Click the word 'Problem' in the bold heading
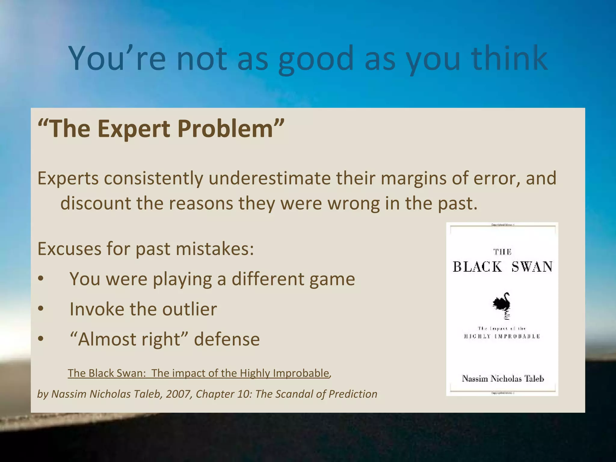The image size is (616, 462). coord(225,128)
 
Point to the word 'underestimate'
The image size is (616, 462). coord(269,178)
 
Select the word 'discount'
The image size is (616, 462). coord(95,203)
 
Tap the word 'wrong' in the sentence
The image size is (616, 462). coord(354,204)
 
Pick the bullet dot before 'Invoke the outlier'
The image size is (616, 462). coord(41,309)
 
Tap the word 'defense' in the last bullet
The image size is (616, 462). coord(227,339)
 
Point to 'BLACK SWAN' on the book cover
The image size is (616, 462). coord(503,267)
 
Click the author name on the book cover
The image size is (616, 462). coord(503,378)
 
